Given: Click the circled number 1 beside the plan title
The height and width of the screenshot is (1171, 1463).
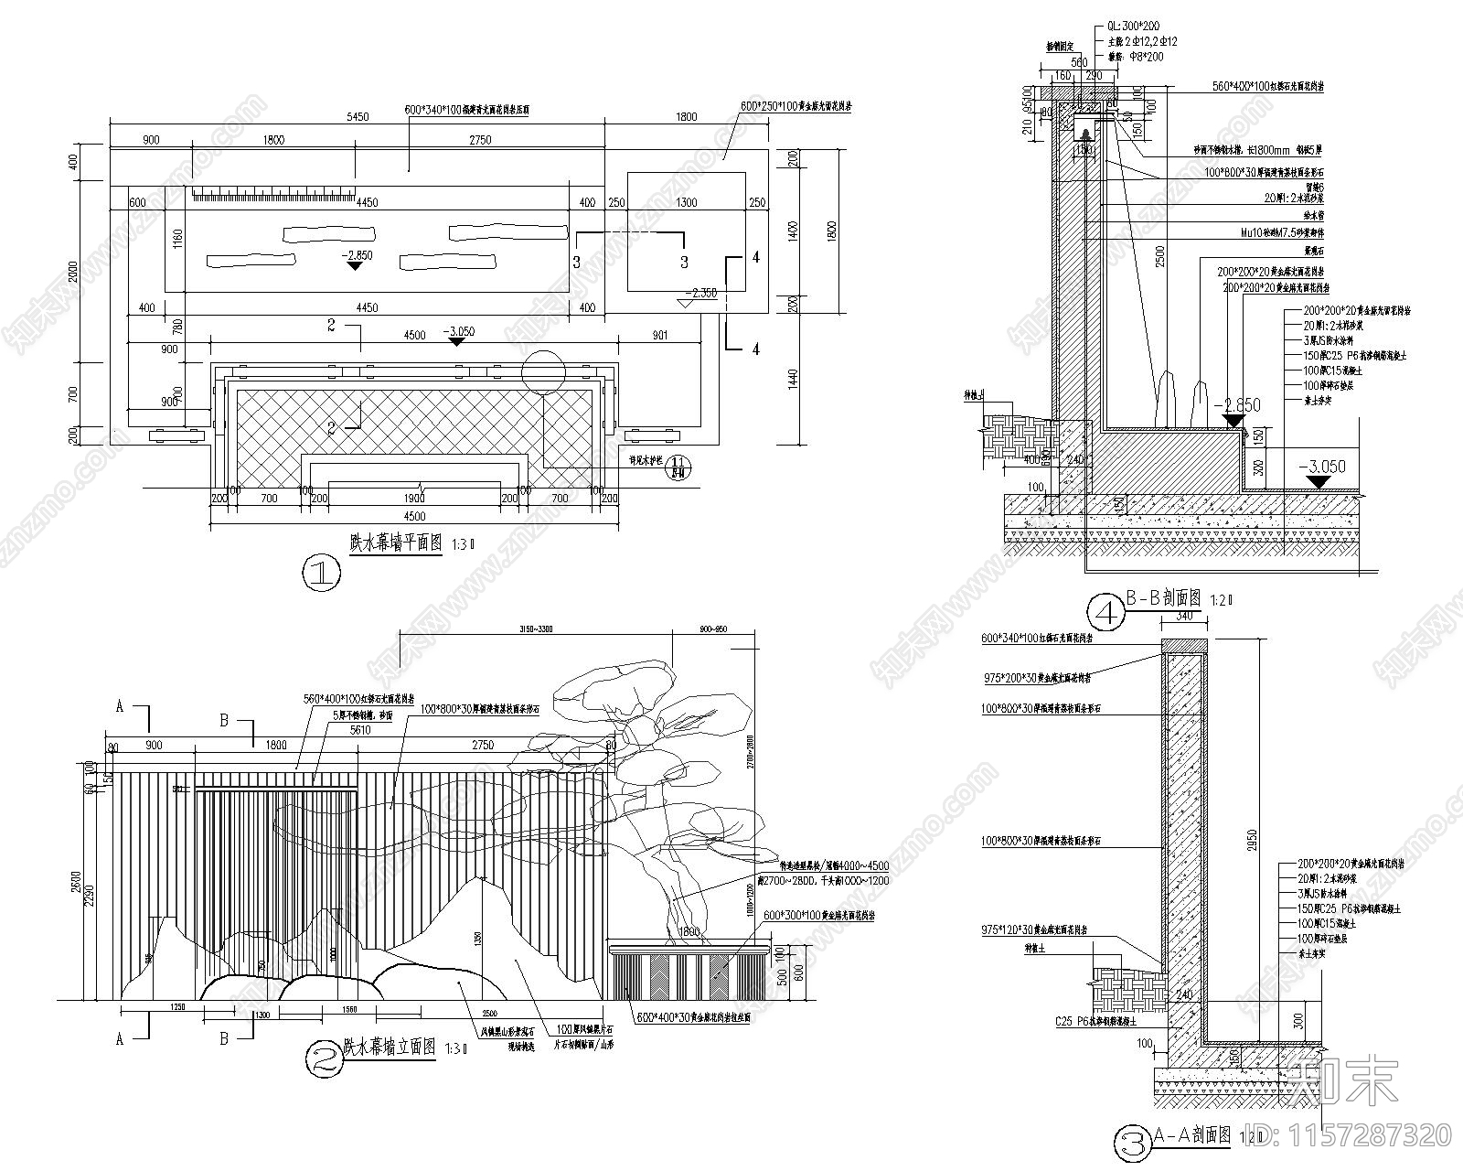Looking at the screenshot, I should [321, 574].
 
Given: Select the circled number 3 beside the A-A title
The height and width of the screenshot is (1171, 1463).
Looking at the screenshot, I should [1133, 1143].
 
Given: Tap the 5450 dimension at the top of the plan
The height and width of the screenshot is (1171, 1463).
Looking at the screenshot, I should [358, 117].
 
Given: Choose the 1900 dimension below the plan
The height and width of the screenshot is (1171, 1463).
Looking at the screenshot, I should [413, 499].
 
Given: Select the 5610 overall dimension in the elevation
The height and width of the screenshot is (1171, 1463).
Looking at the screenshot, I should [358, 730].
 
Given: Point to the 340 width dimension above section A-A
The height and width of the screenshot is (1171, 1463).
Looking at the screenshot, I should [1184, 617].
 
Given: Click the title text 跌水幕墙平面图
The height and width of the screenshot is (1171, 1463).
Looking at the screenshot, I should [396, 542].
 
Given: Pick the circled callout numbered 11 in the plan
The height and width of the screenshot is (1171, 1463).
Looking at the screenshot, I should [678, 467].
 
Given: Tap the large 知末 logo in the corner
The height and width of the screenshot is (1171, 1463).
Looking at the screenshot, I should [1342, 1080].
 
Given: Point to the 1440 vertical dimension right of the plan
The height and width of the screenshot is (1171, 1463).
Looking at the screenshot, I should [792, 379].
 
